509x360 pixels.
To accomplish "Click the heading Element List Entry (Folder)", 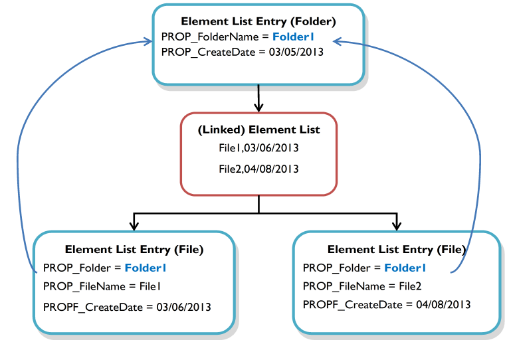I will [258, 21].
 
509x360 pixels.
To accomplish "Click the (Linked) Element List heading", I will [258, 130].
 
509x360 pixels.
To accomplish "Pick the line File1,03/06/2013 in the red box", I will [258, 149].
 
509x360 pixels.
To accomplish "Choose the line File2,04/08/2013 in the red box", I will [258, 169].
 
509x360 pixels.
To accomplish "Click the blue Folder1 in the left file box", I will [146, 268].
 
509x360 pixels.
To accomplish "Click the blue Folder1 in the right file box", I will [405, 268].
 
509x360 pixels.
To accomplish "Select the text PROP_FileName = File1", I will [102, 286].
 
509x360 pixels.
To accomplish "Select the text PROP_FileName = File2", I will [362, 286].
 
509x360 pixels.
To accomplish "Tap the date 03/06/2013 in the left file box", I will [183, 307].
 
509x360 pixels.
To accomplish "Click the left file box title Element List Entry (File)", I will [134, 250].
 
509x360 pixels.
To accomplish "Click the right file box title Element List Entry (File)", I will [396, 250].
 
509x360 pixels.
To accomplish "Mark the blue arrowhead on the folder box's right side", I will [336, 41].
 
